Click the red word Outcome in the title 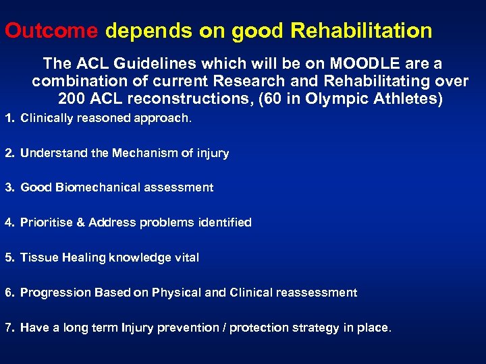point(52,31)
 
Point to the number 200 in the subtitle point(72,99)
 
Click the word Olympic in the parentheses point(354,99)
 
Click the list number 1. point(9,119)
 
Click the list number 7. point(9,328)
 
